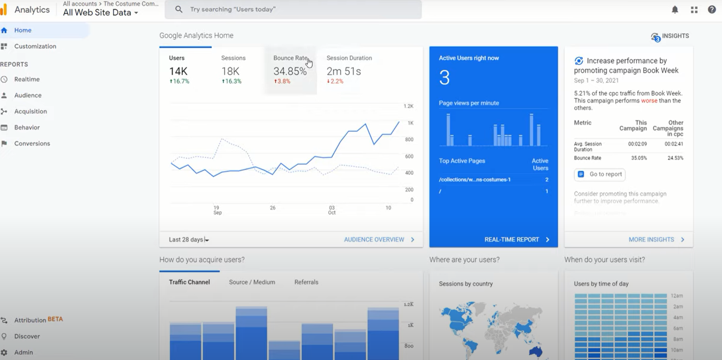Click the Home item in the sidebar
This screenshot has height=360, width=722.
[x=23, y=30]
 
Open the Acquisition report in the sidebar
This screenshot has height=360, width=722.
[x=30, y=112]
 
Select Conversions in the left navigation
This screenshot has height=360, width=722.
[x=32, y=143]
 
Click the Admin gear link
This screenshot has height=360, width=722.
[x=23, y=352]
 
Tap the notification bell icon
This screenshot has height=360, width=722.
[x=675, y=10]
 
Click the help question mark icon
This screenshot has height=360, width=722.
[x=712, y=10]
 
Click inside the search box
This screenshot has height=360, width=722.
[x=293, y=9]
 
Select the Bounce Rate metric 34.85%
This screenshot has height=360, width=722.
[x=290, y=71]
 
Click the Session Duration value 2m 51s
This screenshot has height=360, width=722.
[x=343, y=71]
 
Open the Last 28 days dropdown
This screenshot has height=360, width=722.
[x=189, y=239]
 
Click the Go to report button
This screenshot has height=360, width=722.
[x=600, y=174]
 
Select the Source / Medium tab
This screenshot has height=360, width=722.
[x=252, y=282]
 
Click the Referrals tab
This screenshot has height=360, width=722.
[x=306, y=282]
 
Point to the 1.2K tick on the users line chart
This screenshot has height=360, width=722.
[x=408, y=106]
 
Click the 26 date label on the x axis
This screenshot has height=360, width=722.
[x=273, y=208]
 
